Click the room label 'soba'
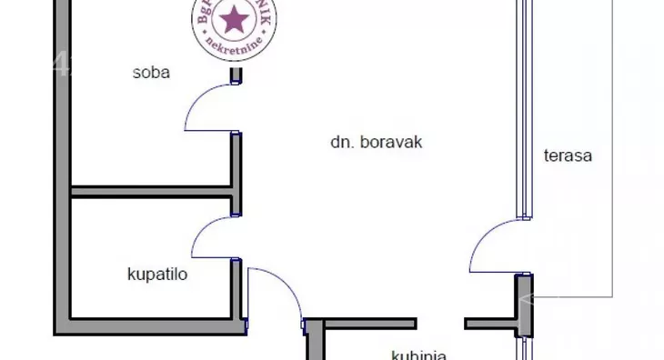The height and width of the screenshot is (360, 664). [x=151, y=73]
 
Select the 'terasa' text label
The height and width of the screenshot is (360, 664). [x=568, y=155]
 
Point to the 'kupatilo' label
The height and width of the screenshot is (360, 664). [x=156, y=272]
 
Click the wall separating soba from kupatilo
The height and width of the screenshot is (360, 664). [x=151, y=192]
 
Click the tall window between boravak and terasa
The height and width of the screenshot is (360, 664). [x=522, y=109]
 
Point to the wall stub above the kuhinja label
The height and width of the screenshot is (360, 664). [x=369, y=323]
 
